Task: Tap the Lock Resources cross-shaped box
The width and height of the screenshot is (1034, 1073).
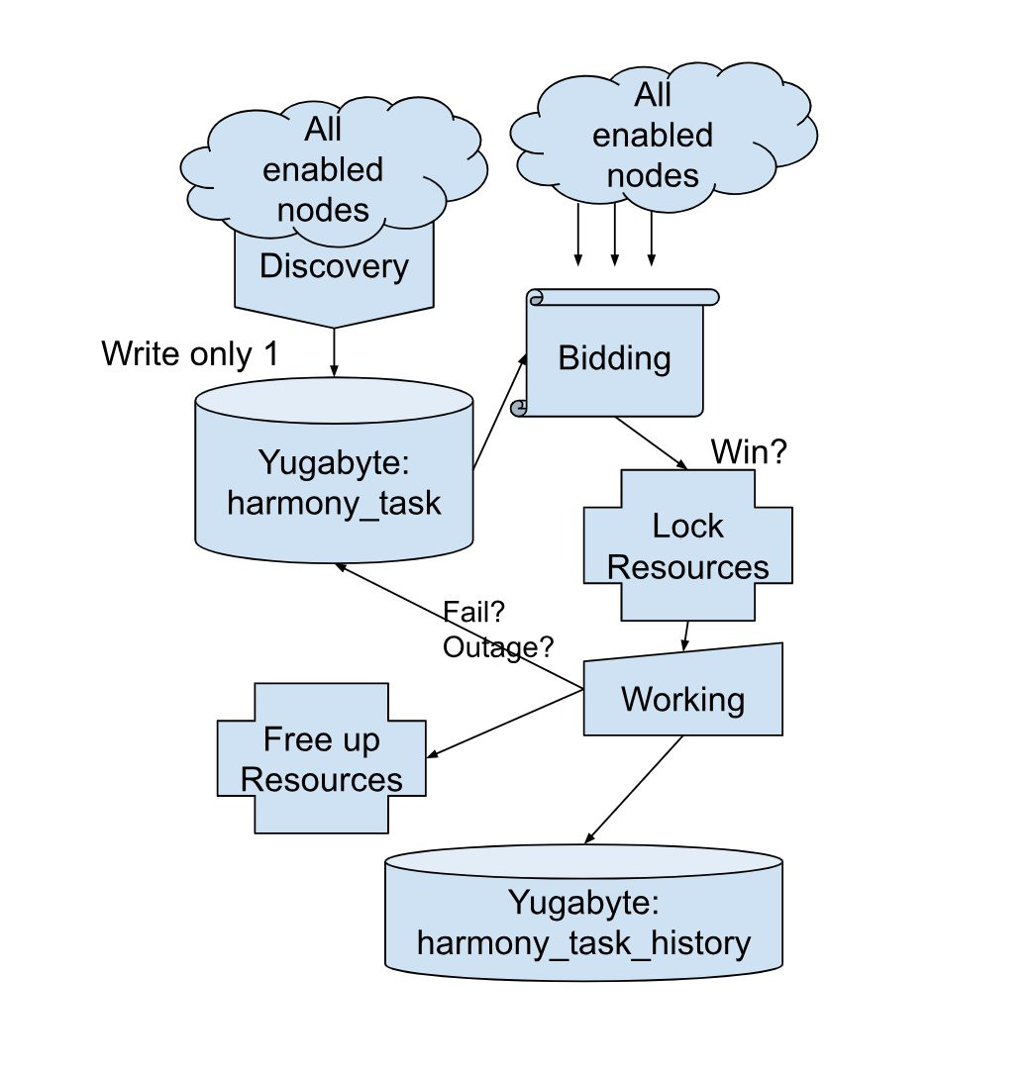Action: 687,545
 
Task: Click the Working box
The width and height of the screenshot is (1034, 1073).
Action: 683,699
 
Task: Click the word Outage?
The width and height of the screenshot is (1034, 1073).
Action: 498,647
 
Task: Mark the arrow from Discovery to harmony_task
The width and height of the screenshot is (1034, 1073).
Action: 334,351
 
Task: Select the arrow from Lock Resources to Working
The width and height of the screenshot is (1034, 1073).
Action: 685,635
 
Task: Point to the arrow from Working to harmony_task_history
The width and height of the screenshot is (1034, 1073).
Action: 634,792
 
